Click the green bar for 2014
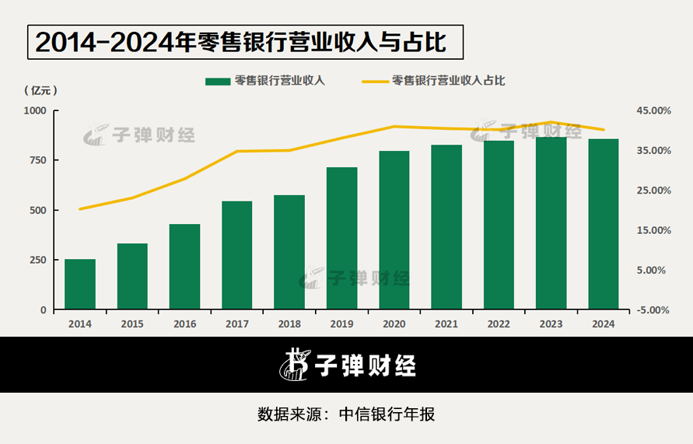click(80, 284)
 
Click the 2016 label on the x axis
click(185, 324)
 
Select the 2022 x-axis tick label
click(499, 324)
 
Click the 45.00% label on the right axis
click(653, 110)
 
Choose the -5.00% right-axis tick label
click(653, 309)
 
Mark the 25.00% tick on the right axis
click(653, 191)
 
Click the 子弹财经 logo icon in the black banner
click(294, 365)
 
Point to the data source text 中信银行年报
click(387, 414)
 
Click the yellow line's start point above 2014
click(80, 209)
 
